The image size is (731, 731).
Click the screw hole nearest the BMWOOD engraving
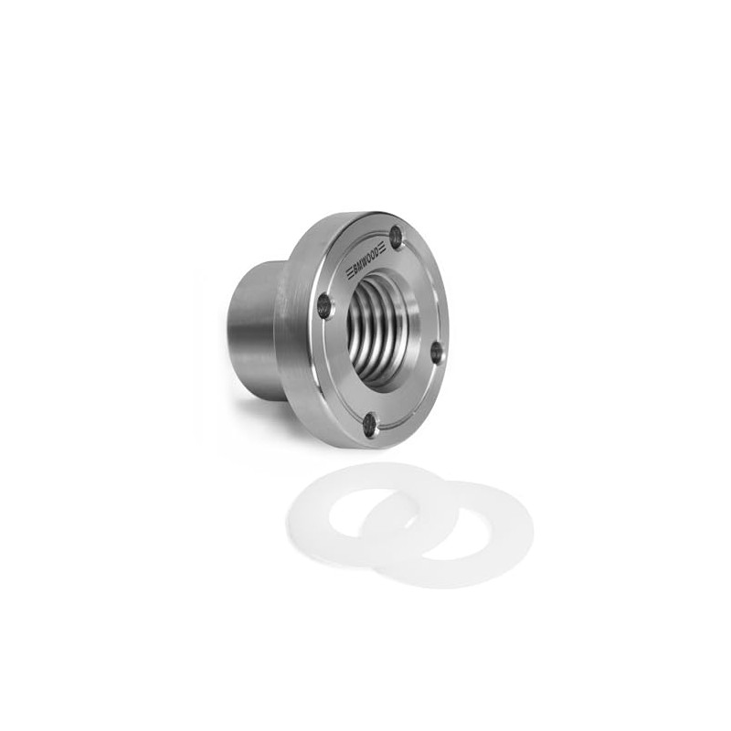pyautogui.click(x=397, y=236)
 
